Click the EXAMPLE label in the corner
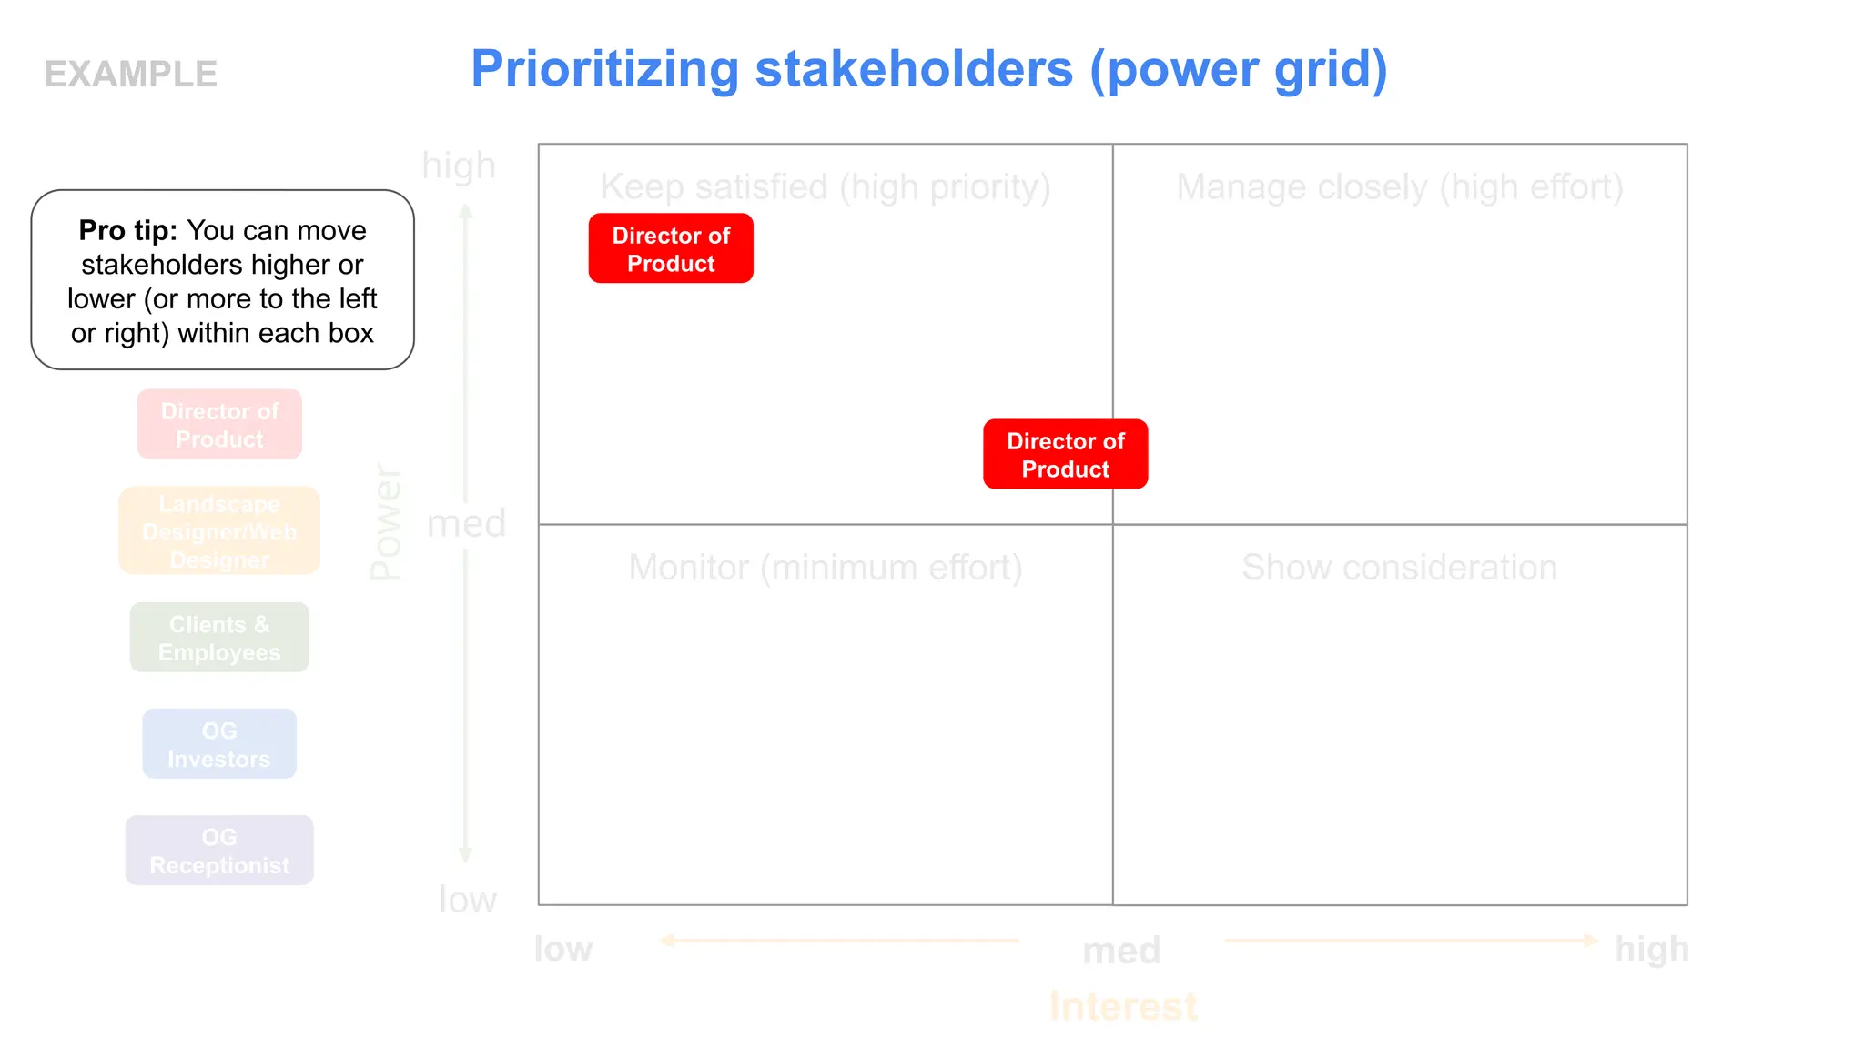coord(131,75)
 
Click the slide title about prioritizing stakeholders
coord(928,69)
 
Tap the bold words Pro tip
coord(127,230)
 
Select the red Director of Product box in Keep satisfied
coord(671,248)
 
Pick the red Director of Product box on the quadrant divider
coord(1065,454)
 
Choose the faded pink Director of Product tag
coord(219,425)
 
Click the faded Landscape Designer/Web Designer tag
coord(219,531)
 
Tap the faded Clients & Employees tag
coord(219,638)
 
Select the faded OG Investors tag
coord(219,744)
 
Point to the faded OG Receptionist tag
coord(219,851)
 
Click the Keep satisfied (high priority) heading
coord(825,187)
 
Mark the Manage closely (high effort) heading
coord(1399,187)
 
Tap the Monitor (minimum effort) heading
coord(825,568)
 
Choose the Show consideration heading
coord(1399,568)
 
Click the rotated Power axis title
coord(386,522)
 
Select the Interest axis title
coord(1123,1007)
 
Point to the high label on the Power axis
coord(459,166)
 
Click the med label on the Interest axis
coord(1121,952)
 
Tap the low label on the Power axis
coord(467,900)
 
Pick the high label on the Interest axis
coord(1651,949)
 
